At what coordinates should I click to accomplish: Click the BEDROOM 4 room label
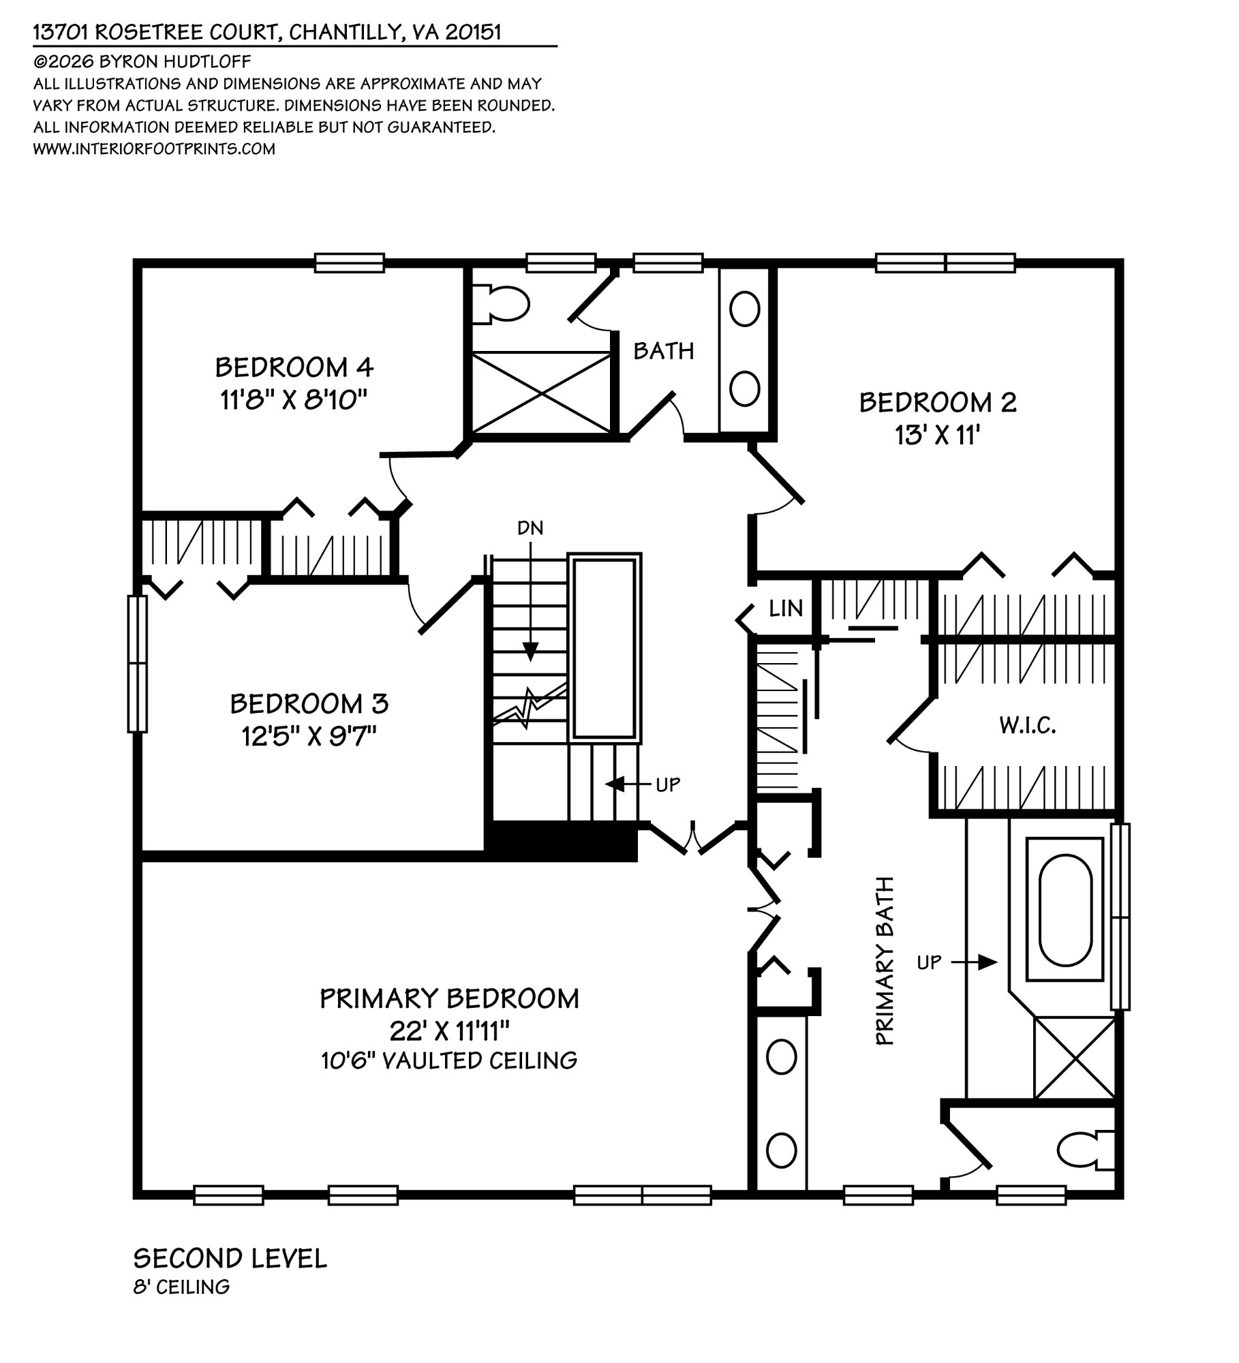(x=294, y=367)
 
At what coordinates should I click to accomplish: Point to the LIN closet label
(x=785, y=609)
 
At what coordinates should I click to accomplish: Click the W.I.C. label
(x=1027, y=726)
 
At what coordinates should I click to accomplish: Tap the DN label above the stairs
(x=530, y=527)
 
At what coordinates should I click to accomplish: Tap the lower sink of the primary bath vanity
(x=781, y=1150)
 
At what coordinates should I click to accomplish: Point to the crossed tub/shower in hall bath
(x=541, y=393)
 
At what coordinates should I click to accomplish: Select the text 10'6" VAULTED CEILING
(x=449, y=1060)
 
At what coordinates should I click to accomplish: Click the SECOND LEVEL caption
(x=230, y=1258)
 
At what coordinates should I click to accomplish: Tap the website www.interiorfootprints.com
(x=154, y=149)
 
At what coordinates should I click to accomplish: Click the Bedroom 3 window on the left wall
(x=138, y=664)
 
